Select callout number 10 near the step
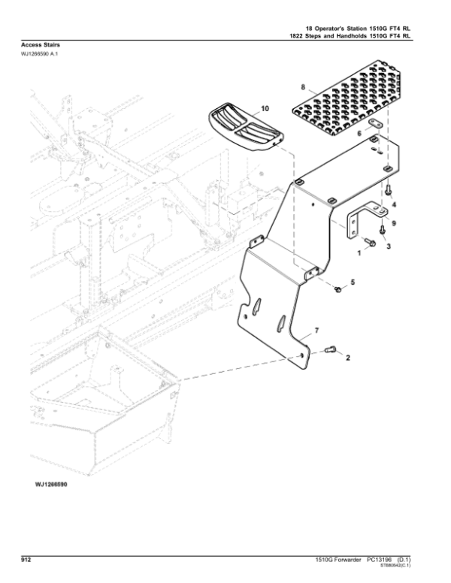click(x=264, y=110)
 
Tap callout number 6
click(x=359, y=132)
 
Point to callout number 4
click(x=395, y=204)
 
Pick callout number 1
click(x=359, y=254)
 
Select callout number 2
click(x=347, y=359)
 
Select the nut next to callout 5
click(x=338, y=288)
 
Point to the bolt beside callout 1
click(x=372, y=242)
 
